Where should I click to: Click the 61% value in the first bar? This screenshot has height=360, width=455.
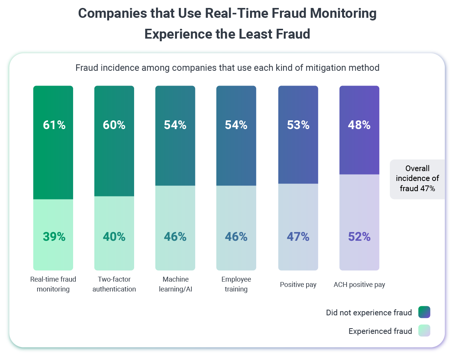[x=54, y=125]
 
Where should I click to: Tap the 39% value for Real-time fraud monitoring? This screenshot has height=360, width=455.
[x=54, y=237]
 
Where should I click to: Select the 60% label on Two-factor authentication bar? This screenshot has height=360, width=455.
[x=114, y=125]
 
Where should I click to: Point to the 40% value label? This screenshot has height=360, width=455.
[x=114, y=237]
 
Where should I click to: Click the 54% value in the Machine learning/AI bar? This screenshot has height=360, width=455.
[x=175, y=125]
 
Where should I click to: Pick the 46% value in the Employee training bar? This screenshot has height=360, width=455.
[x=236, y=237]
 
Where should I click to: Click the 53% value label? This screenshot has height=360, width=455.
[x=298, y=125]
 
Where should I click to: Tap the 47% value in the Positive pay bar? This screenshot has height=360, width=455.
[x=298, y=237]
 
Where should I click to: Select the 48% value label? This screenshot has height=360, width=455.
[x=359, y=125]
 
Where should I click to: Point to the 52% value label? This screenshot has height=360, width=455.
[x=359, y=237]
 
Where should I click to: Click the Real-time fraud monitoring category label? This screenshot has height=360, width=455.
[x=53, y=284]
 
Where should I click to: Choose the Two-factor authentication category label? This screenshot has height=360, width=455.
[x=114, y=284]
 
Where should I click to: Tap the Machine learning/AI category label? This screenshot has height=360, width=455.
[x=175, y=284]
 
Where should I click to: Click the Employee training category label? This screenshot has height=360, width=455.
[x=236, y=284]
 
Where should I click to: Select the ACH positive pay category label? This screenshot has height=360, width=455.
[x=359, y=285]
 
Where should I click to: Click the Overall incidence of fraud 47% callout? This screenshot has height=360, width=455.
[x=417, y=179]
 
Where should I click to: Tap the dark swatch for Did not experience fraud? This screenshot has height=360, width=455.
[x=424, y=313]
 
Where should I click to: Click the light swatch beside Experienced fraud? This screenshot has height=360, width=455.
[x=424, y=331]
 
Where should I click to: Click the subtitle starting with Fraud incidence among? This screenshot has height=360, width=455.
[x=227, y=68]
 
